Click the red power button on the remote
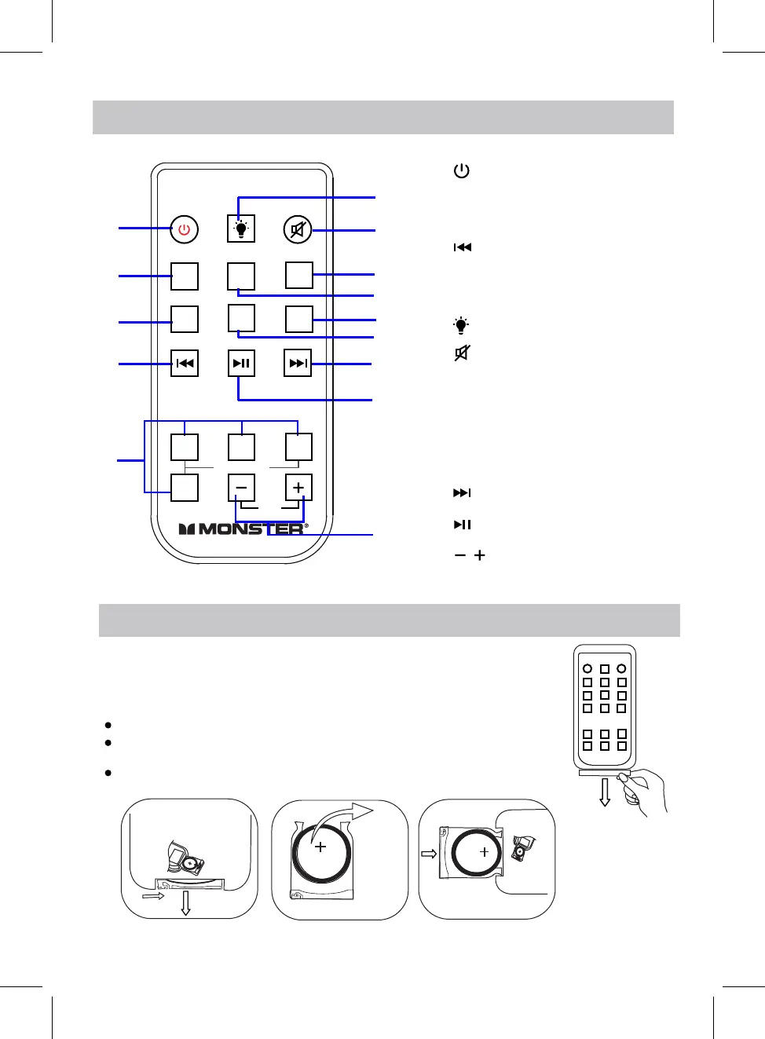click(185, 229)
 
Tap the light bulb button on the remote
click(241, 229)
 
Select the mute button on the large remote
click(298, 229)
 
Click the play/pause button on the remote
click(241, 363)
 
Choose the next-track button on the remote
click(298, 363)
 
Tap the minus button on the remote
click(241, 488)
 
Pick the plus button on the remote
click(298, 488)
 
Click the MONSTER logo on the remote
click(243, 529)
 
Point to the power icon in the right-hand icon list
click(462, 170)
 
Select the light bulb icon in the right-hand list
click(461, 325)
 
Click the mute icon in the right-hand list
click(462, 353)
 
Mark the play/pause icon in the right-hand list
click(462, 525)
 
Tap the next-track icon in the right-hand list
click(462, 493)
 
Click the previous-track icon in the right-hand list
click(463, 247)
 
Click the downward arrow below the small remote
click(605, 793)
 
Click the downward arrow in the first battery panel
click(185, 903)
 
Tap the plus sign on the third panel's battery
click(484, 851)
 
